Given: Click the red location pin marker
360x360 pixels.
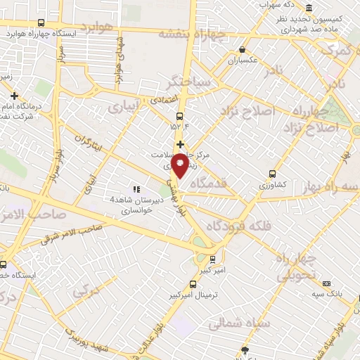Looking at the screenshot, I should (181, 164).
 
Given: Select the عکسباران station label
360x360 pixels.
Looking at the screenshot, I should (243, 61).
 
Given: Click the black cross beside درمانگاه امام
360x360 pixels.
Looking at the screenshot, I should (14, 95).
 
